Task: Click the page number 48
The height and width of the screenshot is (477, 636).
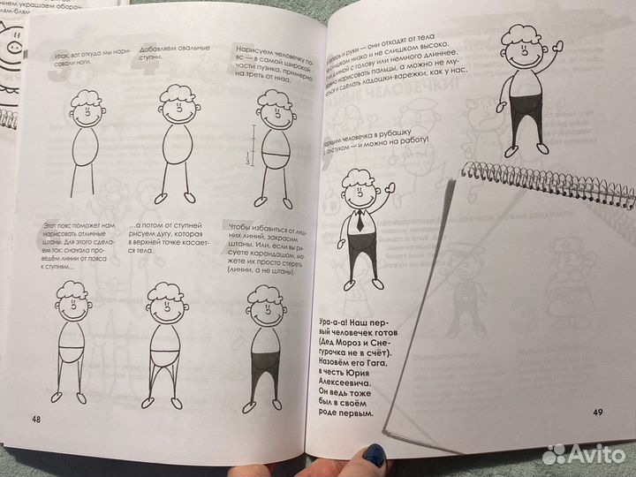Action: coord(36,417)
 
